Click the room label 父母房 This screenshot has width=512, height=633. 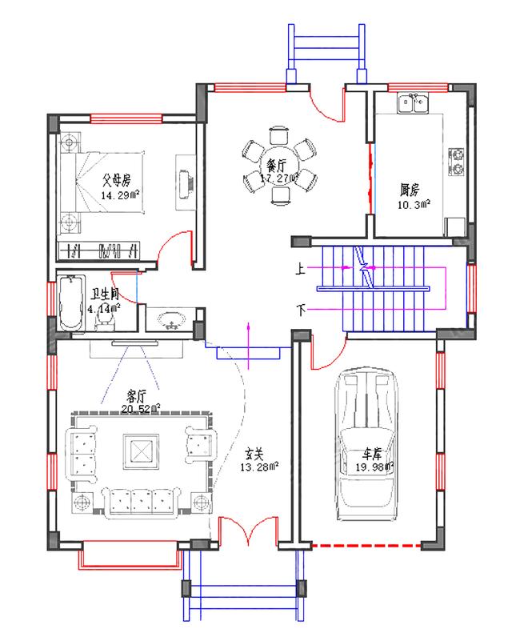(x=116, y=180)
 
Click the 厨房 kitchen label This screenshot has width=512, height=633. (x=410, y=190)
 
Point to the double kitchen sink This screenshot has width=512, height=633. (x=413, y=103)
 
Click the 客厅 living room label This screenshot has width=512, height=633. (x=138, y=395)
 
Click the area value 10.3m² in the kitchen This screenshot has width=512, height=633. (x=415, y=205)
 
